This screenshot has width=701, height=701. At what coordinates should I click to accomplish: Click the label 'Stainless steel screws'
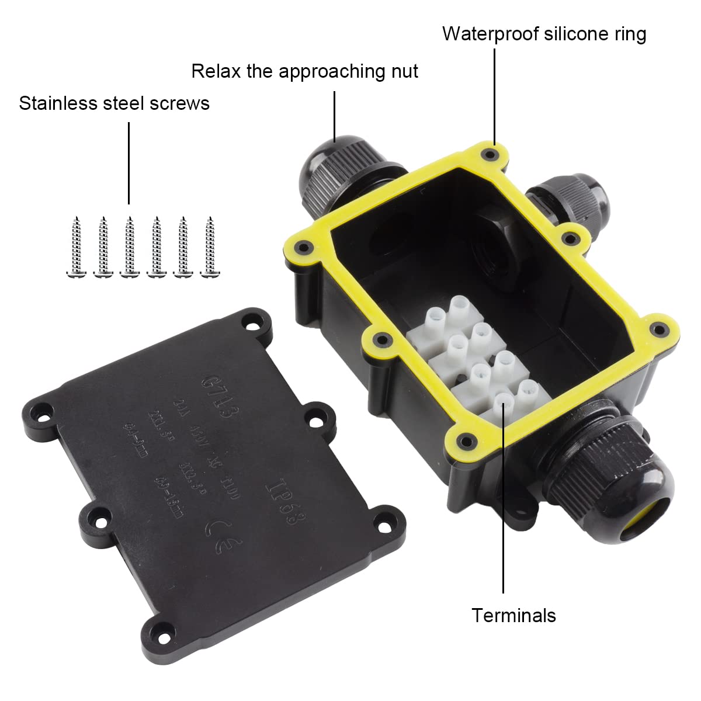coord(114,103)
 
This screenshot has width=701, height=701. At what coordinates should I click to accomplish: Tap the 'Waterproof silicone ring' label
coord(544,34)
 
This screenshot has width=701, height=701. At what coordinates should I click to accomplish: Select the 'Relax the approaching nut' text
coord(304,71)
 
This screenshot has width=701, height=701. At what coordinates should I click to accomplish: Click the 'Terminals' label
coord(513,615)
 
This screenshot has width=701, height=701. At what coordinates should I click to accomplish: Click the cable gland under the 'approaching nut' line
coord(330,169)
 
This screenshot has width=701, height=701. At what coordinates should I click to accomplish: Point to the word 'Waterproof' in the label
coord(491,34)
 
